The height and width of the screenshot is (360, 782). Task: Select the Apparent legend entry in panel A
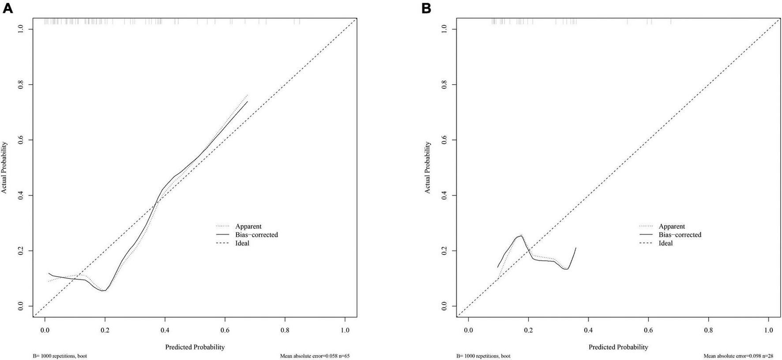click(248, 226)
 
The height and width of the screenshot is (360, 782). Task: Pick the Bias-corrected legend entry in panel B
click(680, 235)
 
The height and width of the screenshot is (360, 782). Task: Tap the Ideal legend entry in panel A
click(242, 243)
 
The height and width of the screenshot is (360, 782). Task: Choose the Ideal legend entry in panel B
click(665, 243)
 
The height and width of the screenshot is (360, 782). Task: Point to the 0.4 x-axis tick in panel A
click(165, 330)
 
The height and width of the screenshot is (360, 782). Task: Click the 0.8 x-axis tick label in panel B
click(708, 330)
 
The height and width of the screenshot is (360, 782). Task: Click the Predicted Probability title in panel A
click(195, 347)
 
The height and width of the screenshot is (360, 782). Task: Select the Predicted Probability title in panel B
click(618, 347)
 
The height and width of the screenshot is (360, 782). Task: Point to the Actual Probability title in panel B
click(428, 168)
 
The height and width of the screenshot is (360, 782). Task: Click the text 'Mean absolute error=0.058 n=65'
click(315, 356)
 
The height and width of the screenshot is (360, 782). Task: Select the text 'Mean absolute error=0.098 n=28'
click(738, 356)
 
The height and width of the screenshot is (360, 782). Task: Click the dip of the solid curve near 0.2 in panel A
click(104, 290)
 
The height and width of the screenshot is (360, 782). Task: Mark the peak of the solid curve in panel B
click(521, 236)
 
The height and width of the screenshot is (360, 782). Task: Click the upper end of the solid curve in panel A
click(247, 101)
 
